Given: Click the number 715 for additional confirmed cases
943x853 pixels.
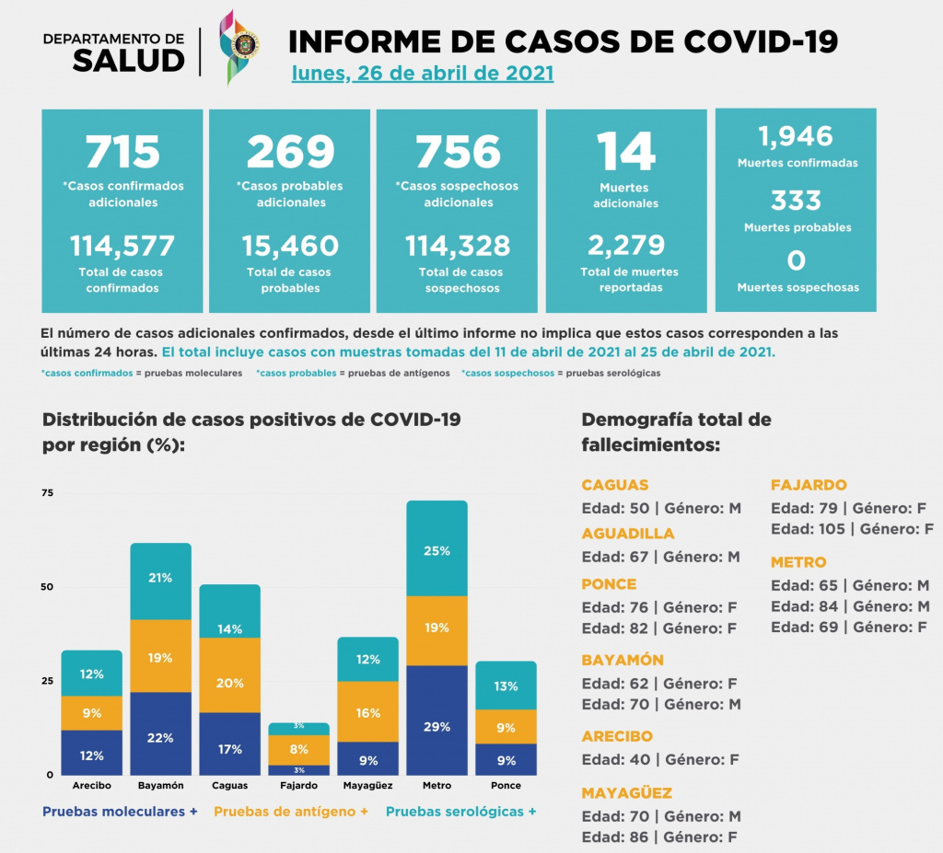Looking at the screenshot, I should pos(122,152).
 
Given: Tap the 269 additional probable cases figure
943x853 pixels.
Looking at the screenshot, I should pos(290,152).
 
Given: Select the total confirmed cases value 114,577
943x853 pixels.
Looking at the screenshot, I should pos(122,245).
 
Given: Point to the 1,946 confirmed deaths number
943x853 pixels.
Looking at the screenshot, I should pos(796,136).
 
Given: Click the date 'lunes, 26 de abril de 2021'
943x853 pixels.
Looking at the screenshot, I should pos(423,73).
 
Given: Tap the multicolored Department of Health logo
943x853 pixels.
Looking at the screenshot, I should pos(239,46).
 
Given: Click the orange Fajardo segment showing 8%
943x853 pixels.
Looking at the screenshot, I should pos(299,749).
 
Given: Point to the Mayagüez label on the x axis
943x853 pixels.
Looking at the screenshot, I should pos(367,786).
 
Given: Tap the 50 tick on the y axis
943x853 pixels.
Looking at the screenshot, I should pos(49,587).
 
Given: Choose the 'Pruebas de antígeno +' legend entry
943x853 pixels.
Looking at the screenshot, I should pos(291,812).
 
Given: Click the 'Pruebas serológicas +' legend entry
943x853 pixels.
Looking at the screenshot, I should pos(460,812).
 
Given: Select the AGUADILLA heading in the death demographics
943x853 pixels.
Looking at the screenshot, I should pos(627,534).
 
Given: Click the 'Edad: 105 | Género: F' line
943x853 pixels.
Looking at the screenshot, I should pos(852,529).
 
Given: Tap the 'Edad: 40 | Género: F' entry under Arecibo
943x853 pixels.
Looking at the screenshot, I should pos(660,760).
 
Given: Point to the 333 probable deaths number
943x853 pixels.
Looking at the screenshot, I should pos(797,201).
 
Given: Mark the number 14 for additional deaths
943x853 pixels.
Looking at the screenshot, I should pos(625,152).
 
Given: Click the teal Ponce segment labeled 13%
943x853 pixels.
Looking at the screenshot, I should pos(506,686).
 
